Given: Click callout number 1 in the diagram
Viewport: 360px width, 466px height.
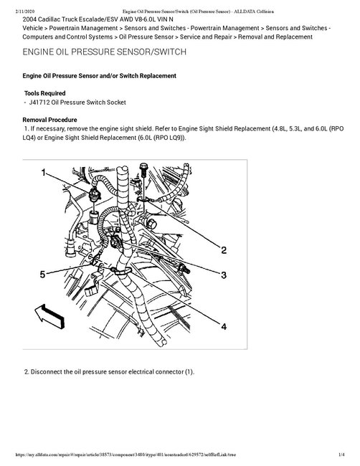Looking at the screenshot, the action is [x=44, y=172].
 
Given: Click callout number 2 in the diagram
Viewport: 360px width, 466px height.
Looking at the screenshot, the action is [x=224, y=250].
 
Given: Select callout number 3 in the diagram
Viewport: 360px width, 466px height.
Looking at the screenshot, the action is [x=224, y=275].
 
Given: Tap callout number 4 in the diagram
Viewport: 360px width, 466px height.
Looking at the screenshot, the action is [x=224, y=327].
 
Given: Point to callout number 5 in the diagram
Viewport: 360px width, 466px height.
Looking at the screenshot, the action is [x=43, y=275].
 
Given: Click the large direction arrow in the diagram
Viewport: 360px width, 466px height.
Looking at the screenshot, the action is [x=49, y=316].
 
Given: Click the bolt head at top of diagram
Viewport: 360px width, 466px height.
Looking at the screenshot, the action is [x=143, y=166].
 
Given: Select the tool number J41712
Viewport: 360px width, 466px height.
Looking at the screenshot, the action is [x=39, y=103].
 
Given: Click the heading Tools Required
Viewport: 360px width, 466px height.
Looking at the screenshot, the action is [x=45, y=93].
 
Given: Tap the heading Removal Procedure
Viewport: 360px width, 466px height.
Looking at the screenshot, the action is [x=49, y=120].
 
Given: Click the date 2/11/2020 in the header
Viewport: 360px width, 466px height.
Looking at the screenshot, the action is [x=24, y=11].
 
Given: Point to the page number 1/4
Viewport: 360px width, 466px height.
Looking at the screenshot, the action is [x=341, y=455].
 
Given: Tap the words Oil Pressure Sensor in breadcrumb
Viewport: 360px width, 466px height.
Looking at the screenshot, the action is [x=146, y=37].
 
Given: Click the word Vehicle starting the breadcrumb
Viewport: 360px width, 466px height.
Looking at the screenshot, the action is [x=33, y=28].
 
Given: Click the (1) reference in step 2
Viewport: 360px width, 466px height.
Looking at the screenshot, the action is [x=189, y=372].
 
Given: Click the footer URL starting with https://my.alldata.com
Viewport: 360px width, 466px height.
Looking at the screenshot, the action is [x=125, y=455].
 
